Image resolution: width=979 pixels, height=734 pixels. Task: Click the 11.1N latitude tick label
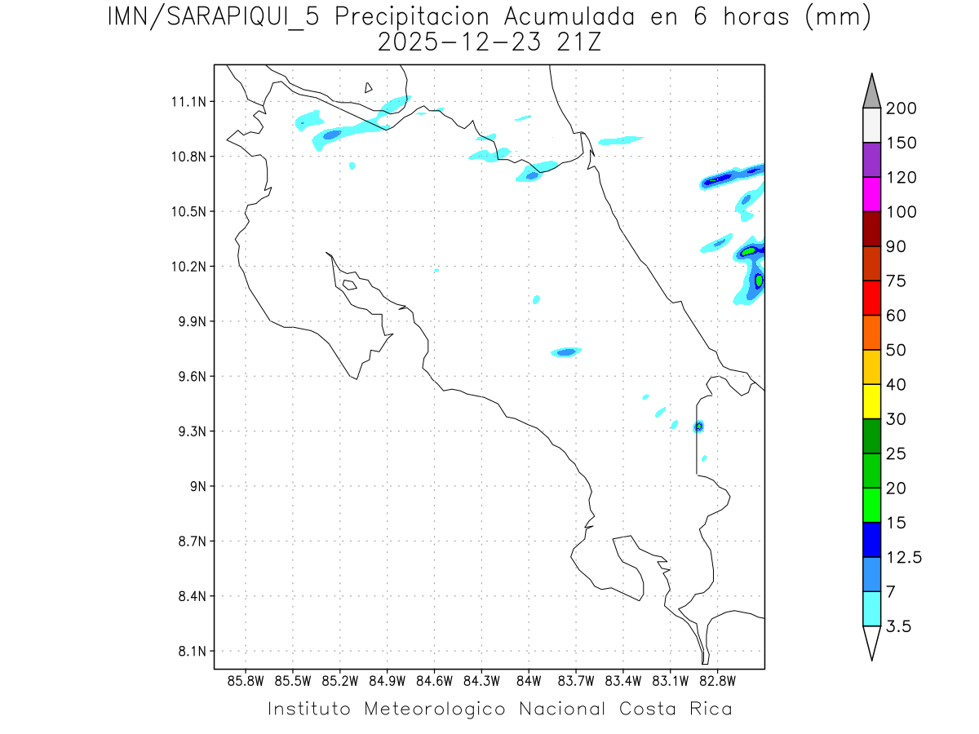(x=186, y=102)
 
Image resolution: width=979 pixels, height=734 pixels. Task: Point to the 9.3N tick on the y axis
(x=187, y=431)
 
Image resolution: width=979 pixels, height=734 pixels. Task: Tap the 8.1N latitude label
(x=187, y=652)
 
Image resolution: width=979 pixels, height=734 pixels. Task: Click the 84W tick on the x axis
(x=529, y=680)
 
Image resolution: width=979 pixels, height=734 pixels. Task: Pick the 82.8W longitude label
(x=718, y=680)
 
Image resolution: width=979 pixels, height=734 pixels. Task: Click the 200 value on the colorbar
(x=900, y=108)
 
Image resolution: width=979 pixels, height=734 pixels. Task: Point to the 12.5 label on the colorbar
(x=904, y=557)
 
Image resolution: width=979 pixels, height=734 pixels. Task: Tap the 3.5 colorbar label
(x=898, y=626)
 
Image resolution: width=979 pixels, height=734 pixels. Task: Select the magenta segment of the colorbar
(x=871, y=194)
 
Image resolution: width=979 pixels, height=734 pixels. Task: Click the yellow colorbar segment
(x=871, y=401)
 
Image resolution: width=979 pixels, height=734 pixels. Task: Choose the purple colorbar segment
(x=871, y=160)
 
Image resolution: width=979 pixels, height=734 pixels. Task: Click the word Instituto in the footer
(x=309, y=709)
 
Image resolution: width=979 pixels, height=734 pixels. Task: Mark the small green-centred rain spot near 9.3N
(x=698, y=427)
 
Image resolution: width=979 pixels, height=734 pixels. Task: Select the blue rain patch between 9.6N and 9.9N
(x=566, y=352)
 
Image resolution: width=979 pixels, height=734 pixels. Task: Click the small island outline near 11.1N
(x=369, y=87)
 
